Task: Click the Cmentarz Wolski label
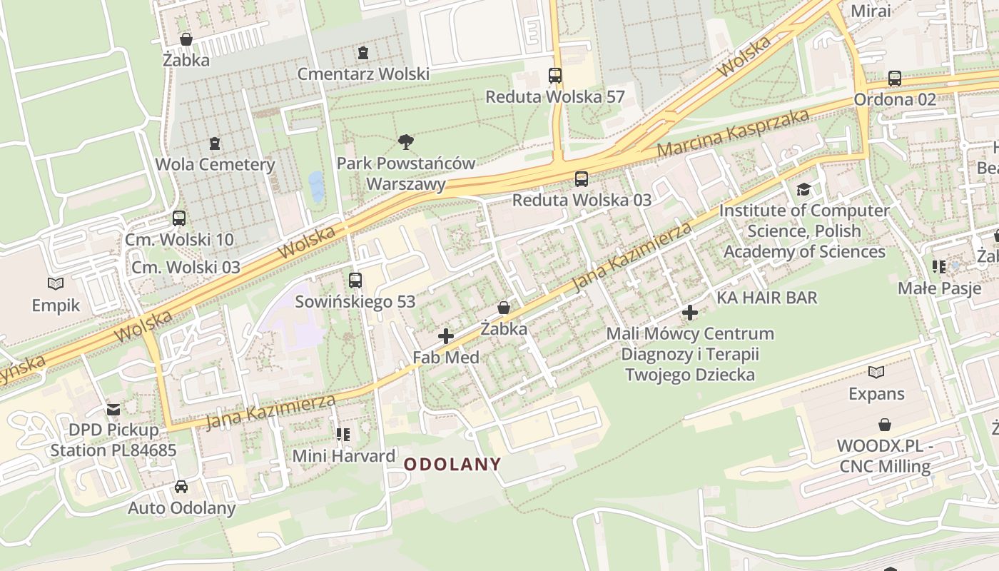click(363, 74)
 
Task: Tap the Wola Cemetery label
click(215, 164)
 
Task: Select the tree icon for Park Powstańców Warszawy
click(406, 142)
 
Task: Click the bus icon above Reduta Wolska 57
click(555, 76)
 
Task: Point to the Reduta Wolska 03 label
click(582, 200)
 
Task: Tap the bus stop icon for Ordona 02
click(895, 79)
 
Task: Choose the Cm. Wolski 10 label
click(179, 240)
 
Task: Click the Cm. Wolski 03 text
click(186, 267)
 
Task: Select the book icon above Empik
click(56, 284)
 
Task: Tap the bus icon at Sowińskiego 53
click(355, 281)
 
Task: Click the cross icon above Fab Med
click(446, 336)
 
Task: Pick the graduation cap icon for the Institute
click(804, 190)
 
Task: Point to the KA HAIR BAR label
click(767, 298)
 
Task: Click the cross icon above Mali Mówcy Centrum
click(690, 313)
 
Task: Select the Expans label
click(876, 394)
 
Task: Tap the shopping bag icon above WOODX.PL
click(885, 425)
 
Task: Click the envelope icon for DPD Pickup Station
click(113, 409)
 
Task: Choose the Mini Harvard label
click(344, 456)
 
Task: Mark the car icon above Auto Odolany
click(181, 487)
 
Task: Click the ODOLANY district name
click(452, 464)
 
